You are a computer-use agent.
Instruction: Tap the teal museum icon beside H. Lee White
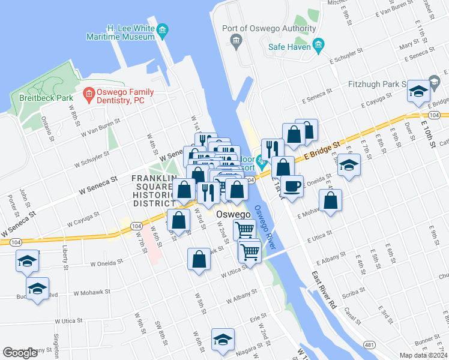pyautogui.click(x=162, y=29)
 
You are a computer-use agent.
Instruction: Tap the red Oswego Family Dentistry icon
pyautogui.click(x=88, y=94)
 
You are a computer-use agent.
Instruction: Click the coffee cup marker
pyautogui.click(x=292, y=187)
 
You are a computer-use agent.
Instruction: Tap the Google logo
pyautogui.click(x=20, y=352)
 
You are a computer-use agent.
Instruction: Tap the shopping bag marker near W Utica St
pyautogui.click(x=199, y=259)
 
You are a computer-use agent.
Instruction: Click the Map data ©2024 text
pyautogui.click(x=423, y=355)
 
